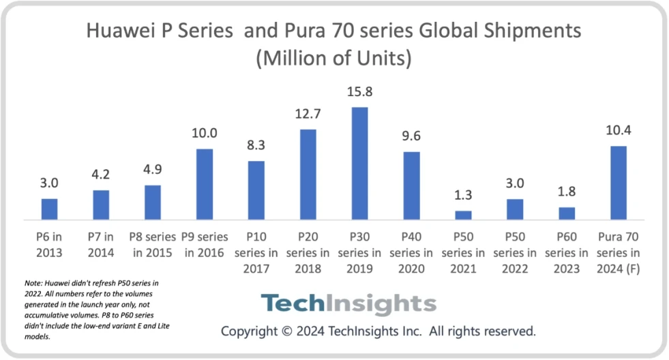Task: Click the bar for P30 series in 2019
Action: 359,164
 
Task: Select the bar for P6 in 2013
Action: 49,209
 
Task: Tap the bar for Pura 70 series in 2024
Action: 618,183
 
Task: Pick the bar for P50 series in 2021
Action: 463,215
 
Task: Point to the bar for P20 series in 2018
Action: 308,175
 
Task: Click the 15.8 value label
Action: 359,91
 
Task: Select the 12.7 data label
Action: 308,113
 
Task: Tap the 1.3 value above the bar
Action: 463,195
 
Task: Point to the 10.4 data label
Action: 618,130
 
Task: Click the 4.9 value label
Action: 153,170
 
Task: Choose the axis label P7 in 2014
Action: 101,245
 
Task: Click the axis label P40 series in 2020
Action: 411,252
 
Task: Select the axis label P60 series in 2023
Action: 567,252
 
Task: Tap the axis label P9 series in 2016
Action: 205,245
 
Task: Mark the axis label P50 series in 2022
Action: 515,252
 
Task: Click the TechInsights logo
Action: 348,303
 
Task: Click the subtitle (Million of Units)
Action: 333,59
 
